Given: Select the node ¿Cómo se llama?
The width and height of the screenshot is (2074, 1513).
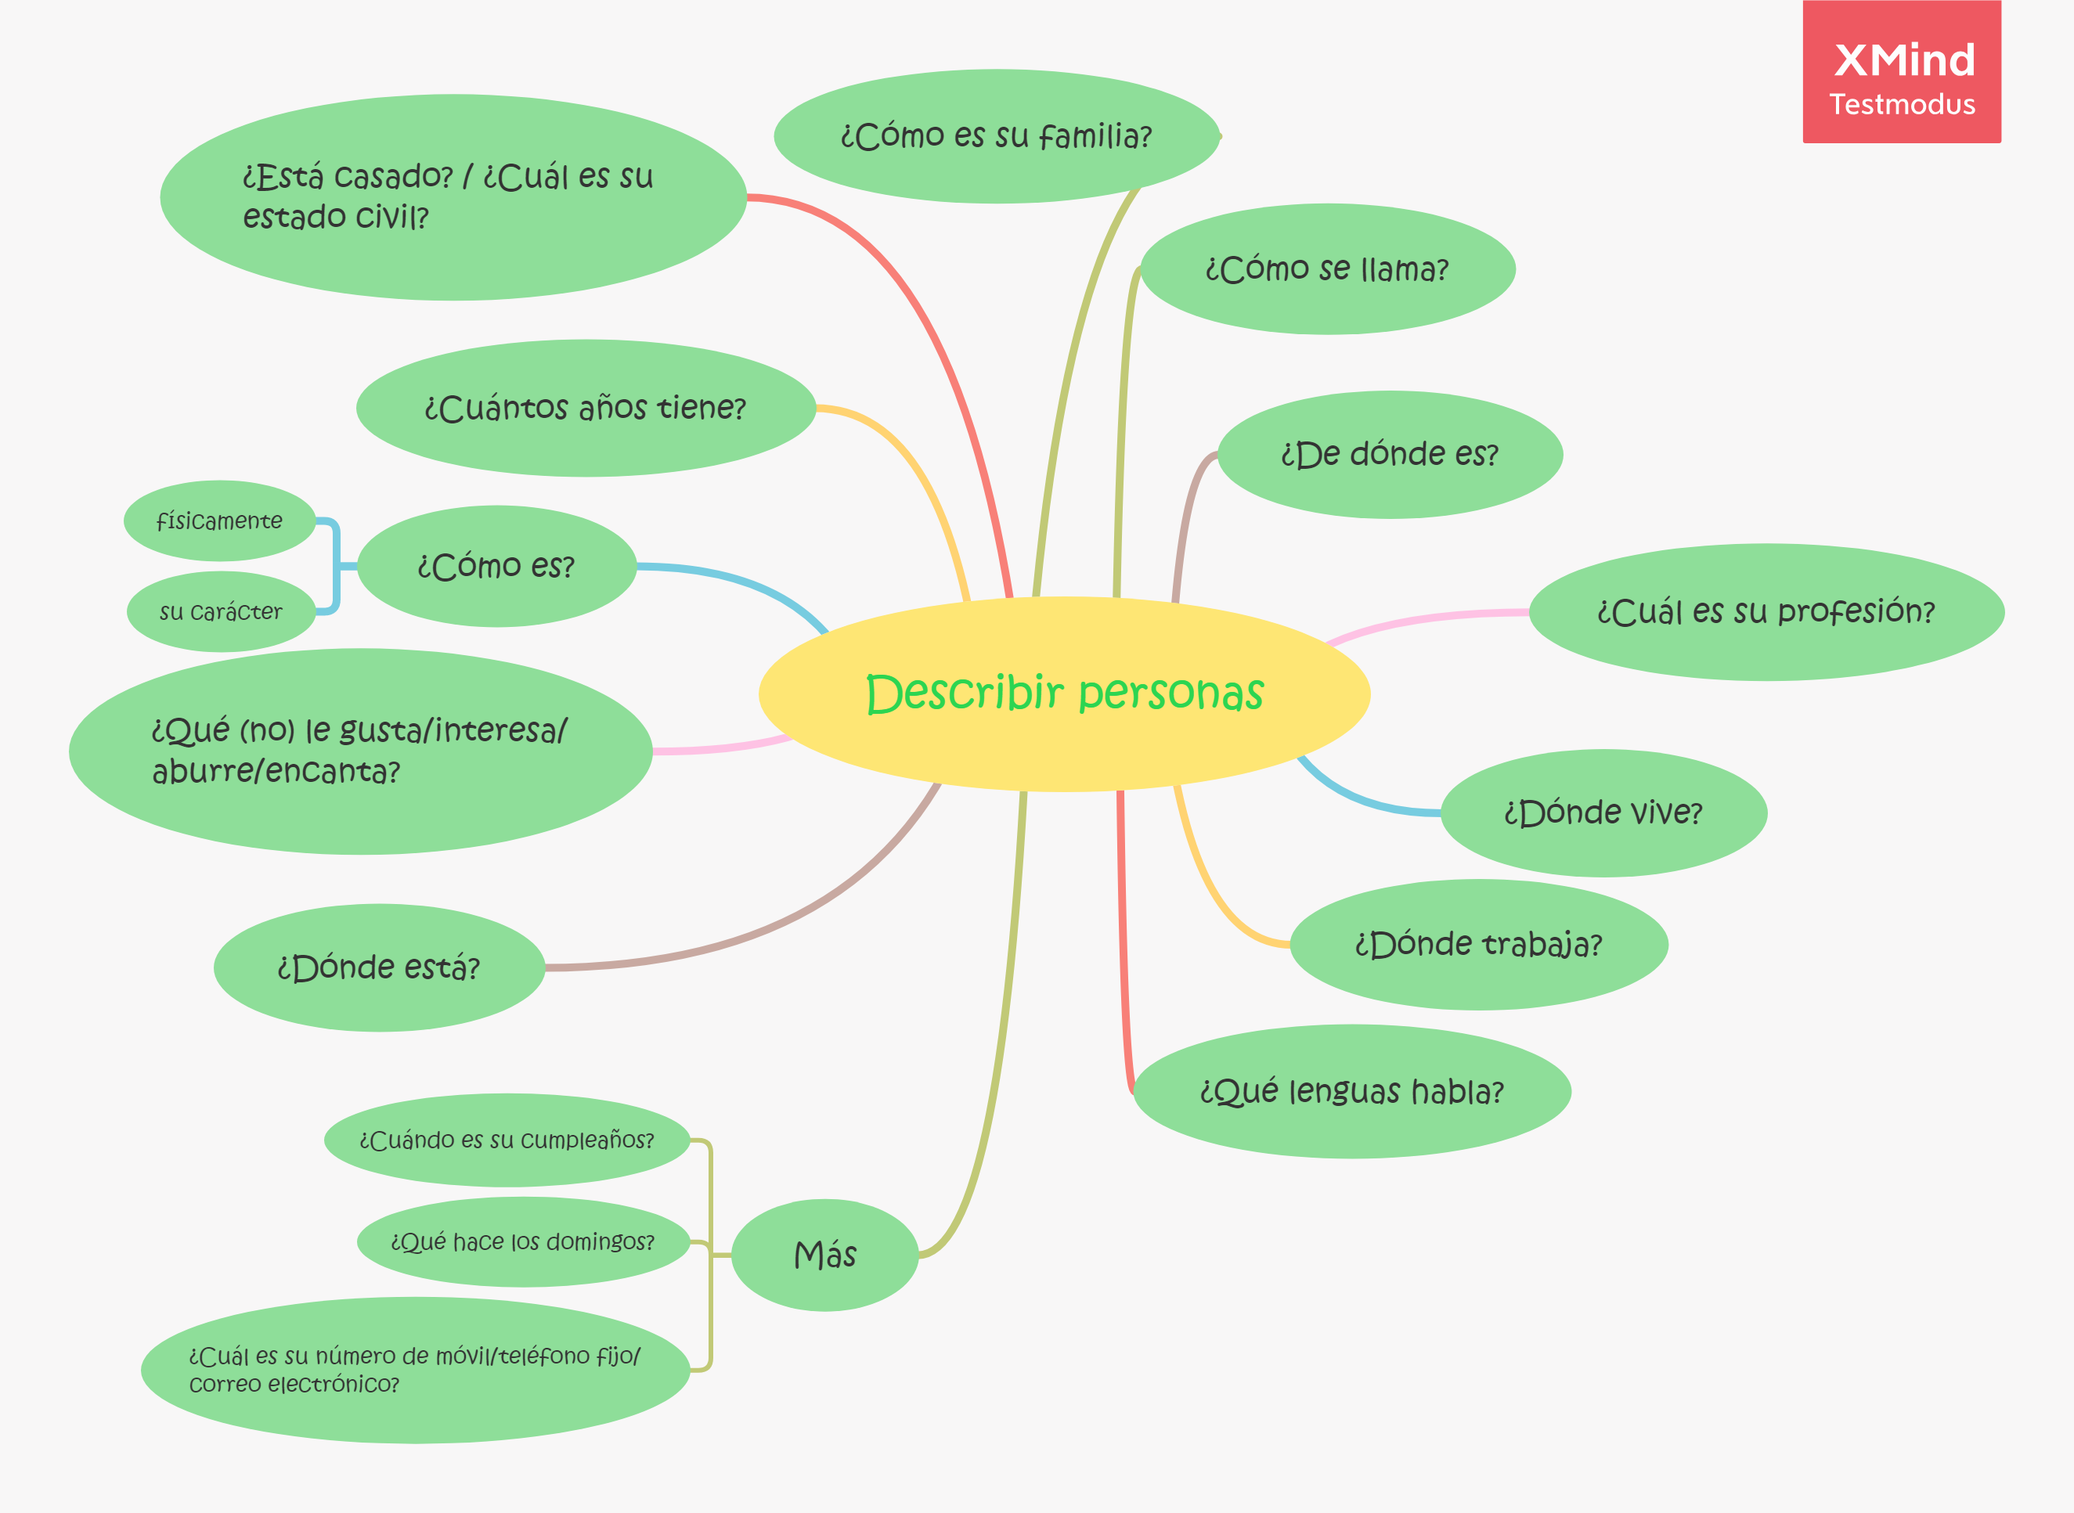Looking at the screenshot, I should click(x=1326, y=269).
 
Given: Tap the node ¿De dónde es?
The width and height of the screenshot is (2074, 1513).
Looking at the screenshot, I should click(x=1389, y=454).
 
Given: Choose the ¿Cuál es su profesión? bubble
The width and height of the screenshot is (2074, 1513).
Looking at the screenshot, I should click(x=1766, y=612).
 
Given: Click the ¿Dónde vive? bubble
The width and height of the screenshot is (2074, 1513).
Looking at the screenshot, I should click(x=1603, y=812).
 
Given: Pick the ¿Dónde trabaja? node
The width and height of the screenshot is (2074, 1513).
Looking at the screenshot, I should click(x=1477, y=944).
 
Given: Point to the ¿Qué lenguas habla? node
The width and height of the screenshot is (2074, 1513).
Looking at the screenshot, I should click(x=1351, y=1091).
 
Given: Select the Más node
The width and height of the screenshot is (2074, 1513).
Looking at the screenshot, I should click(x=824, y=1255).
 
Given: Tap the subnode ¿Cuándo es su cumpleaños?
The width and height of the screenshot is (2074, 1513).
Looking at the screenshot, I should click(x=507, y=1140).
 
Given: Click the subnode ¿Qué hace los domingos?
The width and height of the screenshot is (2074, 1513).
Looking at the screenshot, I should click(x=522, y=1242).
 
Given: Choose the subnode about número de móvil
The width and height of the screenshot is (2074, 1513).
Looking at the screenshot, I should click(x=415, y=1369).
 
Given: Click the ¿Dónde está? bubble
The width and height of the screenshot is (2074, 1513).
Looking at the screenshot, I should click(x=378, y=967).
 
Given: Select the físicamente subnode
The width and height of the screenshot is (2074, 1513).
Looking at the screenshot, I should click(x=220, y=521).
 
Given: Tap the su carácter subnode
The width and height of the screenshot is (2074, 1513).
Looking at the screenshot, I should click(x=221, y=612).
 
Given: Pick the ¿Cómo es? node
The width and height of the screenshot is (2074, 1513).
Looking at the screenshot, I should click(x=496, y=566).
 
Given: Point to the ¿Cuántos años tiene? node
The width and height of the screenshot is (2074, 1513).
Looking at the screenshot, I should click(x=586, y=408).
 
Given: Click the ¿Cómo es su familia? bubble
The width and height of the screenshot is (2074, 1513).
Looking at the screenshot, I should click(x=996, y=136).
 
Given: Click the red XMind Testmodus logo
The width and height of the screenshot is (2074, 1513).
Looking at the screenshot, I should click(x=1901, y=71).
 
